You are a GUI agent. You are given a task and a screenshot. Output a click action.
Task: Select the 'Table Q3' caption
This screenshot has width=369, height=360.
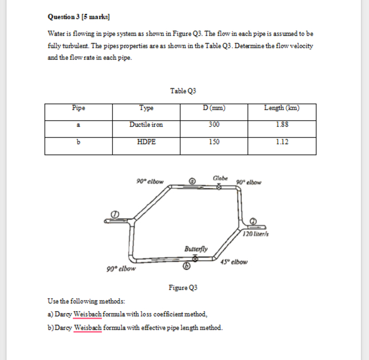click(183, 91)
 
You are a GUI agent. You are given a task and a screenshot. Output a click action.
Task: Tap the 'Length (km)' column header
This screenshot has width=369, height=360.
click(281, 108)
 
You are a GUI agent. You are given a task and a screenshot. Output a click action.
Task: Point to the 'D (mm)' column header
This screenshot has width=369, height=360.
click(214, 108)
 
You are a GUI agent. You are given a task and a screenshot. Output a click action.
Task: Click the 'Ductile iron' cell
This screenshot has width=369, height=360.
click(146, 124)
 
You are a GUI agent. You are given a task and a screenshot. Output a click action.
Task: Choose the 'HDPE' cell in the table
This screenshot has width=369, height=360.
click(146, 142)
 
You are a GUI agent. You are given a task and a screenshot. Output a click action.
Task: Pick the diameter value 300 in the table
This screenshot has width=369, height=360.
click(214, 124)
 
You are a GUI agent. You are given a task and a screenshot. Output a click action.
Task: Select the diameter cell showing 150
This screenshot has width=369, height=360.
click(214, 142)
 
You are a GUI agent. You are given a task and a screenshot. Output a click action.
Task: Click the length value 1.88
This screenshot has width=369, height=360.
click(281, 124)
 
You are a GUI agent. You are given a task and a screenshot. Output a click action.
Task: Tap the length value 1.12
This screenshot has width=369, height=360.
click(281, 142)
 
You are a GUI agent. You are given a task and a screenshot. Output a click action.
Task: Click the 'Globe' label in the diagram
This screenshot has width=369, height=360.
click(219, 178)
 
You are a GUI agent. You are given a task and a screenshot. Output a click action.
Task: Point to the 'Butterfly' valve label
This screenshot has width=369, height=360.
click(196, 249)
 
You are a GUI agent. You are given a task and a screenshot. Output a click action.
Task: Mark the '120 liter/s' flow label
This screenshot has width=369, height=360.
click(256, 233)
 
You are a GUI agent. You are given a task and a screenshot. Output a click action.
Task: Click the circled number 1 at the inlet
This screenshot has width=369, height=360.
click(115, 213)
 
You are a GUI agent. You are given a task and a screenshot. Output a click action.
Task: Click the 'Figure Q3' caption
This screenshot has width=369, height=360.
click(183, 287)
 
